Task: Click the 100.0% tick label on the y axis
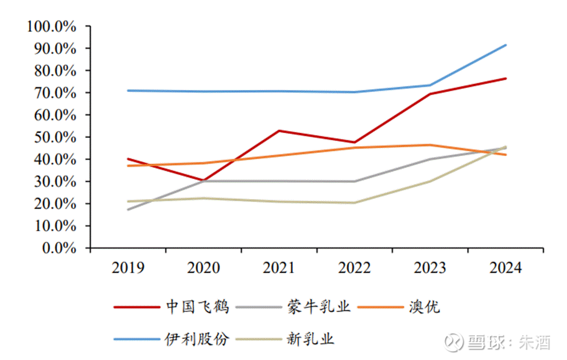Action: tap(51, 27)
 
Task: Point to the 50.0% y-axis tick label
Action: tap(53, 137)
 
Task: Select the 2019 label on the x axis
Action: tap(128, 268)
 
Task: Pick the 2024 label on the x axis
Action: tap(505, 268)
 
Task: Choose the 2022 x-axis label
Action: tap(354, 268)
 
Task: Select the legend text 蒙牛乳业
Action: tap(319, 307)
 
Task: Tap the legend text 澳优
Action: tap(425, 307)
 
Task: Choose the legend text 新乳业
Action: tap(311, 339)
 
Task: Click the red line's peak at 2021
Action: tap(279, 131)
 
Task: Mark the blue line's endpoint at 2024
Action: tap(506, 45)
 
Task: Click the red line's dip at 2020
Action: tap(203, 180)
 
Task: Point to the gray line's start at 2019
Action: tap(128, 210)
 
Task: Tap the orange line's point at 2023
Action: tap(430, 145)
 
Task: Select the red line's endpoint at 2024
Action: tap(506, 78)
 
